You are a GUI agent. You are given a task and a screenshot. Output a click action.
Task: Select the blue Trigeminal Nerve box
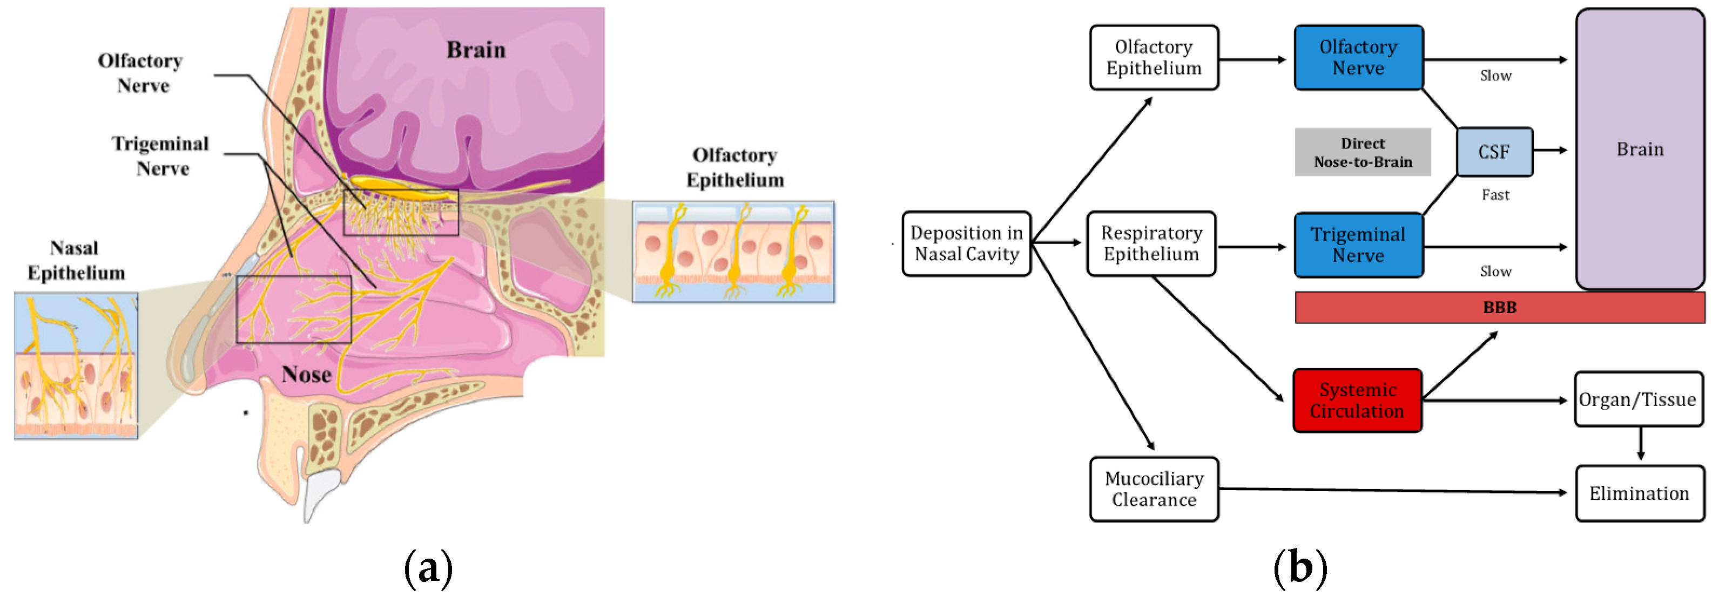[x=1358, y=245]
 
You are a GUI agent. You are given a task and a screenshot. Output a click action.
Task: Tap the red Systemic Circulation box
[x=1357, y=400]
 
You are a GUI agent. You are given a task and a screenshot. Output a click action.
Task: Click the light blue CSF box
[x=1493, y=152]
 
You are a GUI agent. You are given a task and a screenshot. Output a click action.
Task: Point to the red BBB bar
[x=1499, y=308]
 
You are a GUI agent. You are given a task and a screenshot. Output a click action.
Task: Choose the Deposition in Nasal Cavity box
[x=966, y=243]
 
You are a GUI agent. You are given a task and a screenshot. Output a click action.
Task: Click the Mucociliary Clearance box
[x=1153, y=489]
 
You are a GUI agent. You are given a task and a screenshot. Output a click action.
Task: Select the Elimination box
[x=1639, y=493]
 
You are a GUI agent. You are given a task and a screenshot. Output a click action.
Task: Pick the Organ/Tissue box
[x=1637, y=399]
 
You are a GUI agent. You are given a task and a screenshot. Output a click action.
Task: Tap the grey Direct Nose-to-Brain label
[x=1362, y=153]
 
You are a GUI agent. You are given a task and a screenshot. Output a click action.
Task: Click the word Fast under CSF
[x=1495, y=195]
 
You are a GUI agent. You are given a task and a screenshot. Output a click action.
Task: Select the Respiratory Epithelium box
[x=1151, y=243]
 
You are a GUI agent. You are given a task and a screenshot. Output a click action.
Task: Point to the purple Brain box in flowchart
[x=1640, y=150]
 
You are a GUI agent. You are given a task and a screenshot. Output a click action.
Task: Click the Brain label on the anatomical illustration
[x=475, y=50]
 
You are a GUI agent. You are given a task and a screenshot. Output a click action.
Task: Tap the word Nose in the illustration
[x=306, y=375]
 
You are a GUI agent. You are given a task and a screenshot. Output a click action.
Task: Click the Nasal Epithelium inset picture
[x=76, y=365]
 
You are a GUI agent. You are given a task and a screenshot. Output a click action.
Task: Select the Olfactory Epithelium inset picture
[x=733, y=252]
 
